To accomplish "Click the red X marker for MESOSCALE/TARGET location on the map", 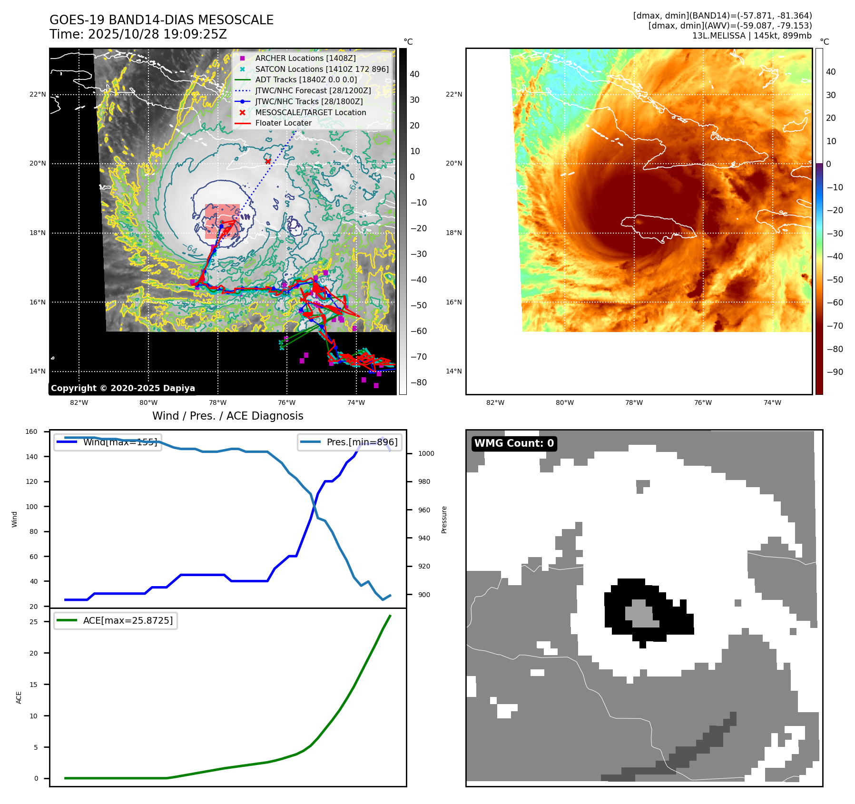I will coord(268,162).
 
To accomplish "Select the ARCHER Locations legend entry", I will coord(305,58).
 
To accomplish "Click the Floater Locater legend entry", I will coord(283,123).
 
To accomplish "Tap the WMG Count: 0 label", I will coord(514,443).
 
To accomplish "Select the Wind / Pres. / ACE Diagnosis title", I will coord(227,416).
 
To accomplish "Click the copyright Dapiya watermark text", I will coord(123,388).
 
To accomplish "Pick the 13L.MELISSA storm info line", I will coord(752,36).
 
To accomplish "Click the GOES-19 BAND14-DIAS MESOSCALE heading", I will coord(161,20).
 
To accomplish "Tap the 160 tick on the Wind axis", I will coord(31,431).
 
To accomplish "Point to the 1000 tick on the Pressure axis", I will coord(426,453).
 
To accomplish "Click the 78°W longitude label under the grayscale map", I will coord(218,402).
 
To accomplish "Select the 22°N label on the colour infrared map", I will coord(453,94).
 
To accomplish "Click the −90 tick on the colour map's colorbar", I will coord(835,372).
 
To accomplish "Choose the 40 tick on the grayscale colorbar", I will coord(414,74).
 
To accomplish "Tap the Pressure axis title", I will coord(444,520).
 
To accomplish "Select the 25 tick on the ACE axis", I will coord(33,622).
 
